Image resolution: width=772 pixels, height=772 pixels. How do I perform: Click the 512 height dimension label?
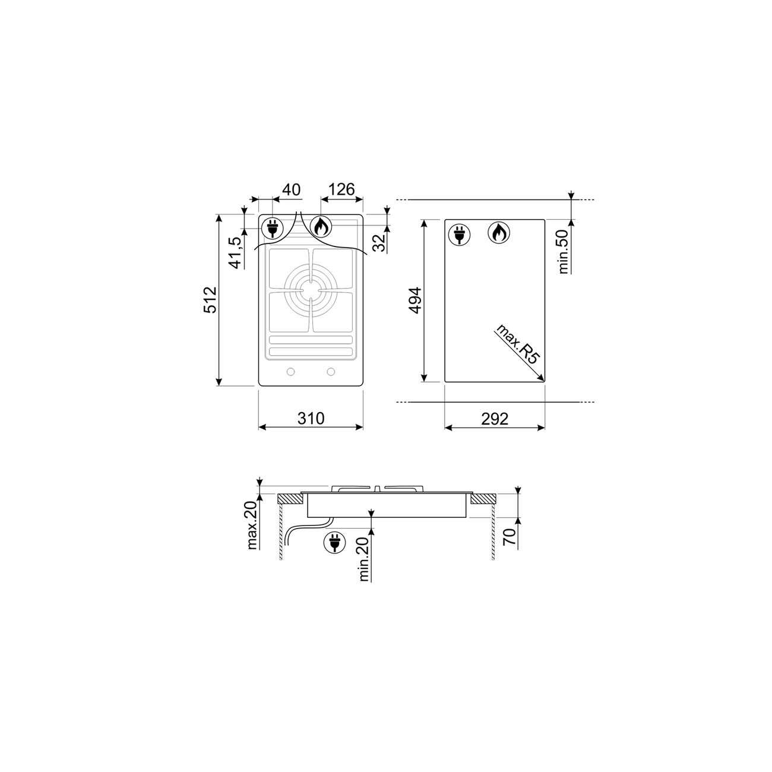tap(210, 300)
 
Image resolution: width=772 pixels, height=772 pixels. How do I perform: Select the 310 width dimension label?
tap(311, 418)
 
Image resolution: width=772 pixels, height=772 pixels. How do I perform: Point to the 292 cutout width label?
tap(495, 419)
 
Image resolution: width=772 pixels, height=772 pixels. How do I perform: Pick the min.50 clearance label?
tap(564, 252)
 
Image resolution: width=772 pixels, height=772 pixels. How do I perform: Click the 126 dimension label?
tap(341, 189)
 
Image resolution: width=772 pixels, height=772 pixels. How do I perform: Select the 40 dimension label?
tap(291, 189)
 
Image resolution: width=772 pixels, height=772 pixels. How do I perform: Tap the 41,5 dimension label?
tap(236, 253)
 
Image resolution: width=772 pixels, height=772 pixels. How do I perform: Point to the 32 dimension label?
tap(381, 243)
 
